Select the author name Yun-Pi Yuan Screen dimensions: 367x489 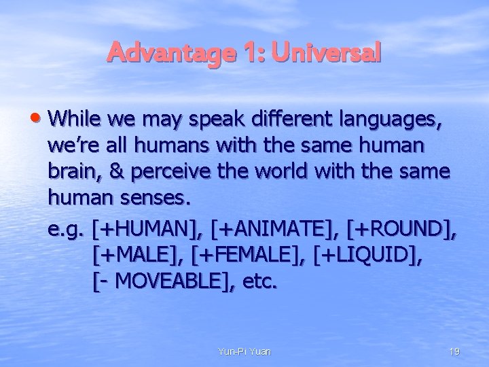244,351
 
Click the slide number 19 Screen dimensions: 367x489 455,351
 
